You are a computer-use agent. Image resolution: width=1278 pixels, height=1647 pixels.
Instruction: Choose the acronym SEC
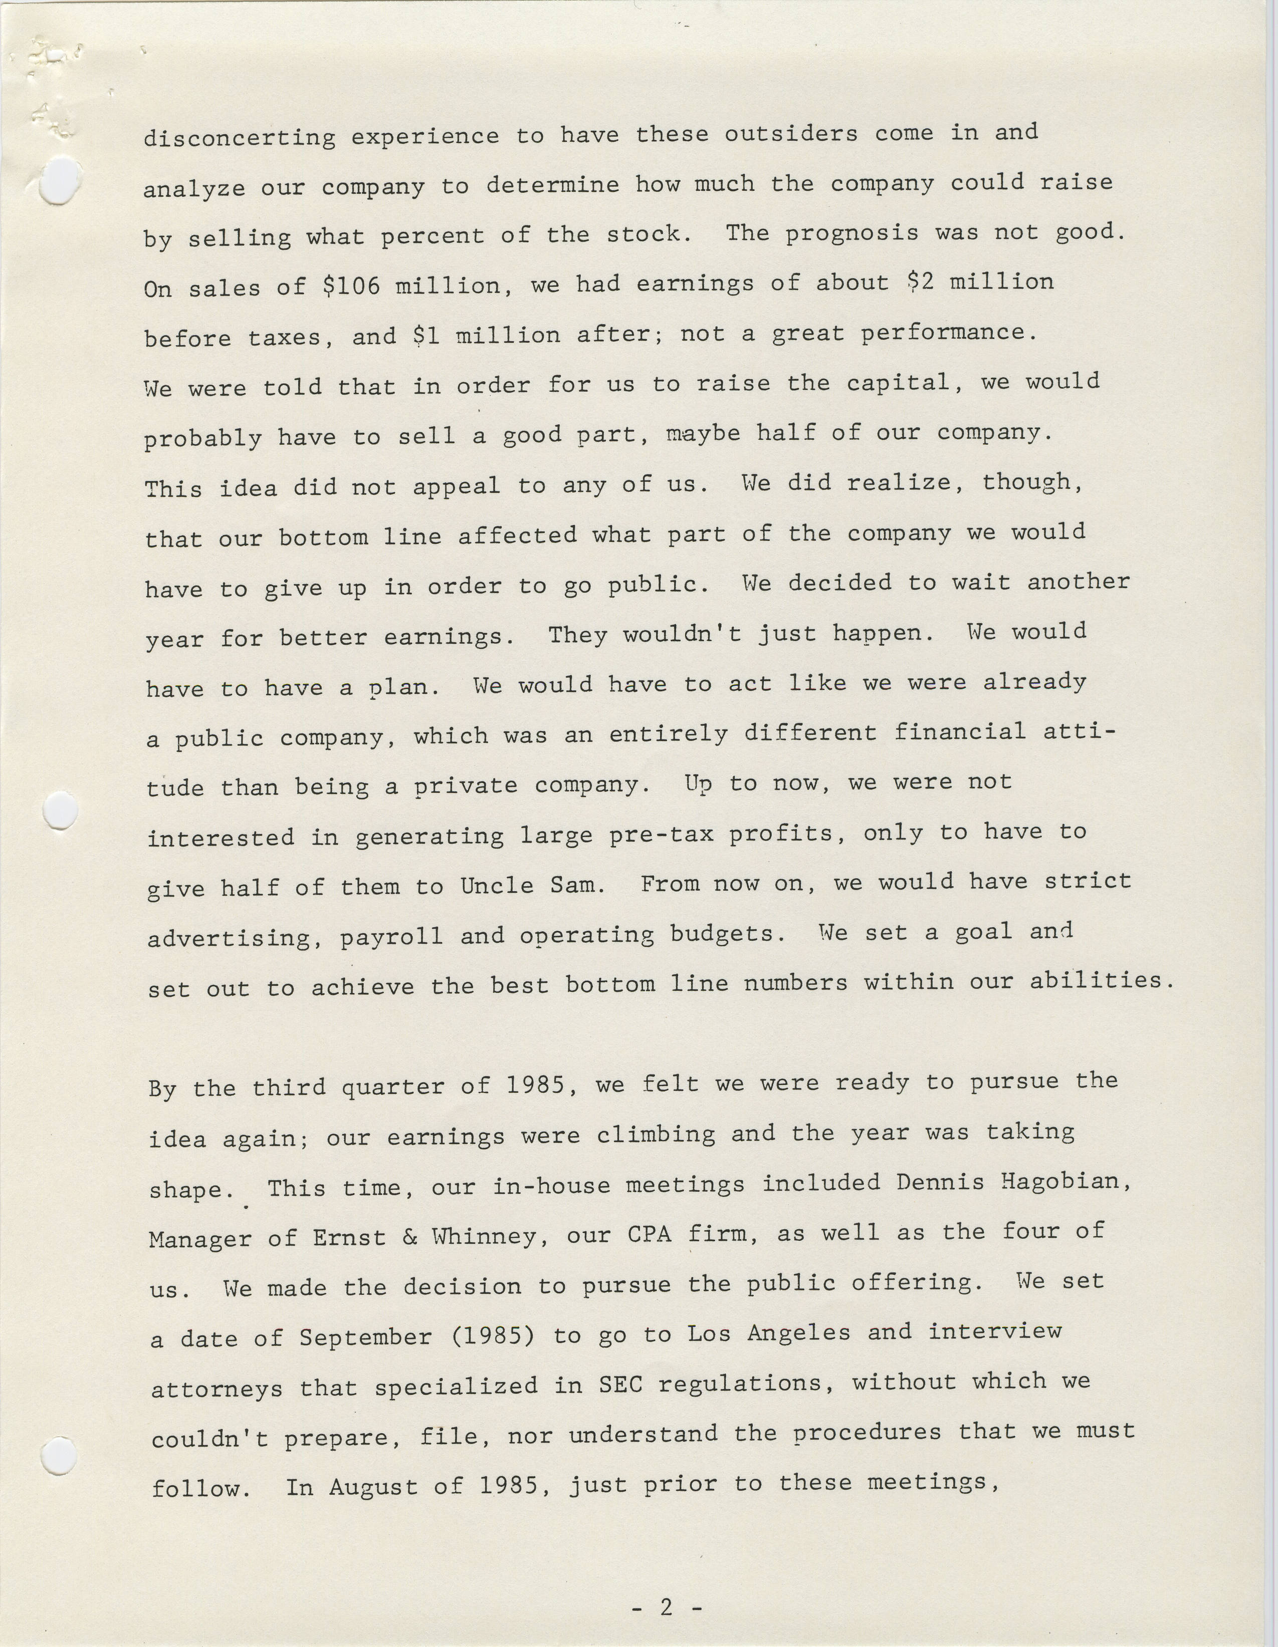click(621, 1385)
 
